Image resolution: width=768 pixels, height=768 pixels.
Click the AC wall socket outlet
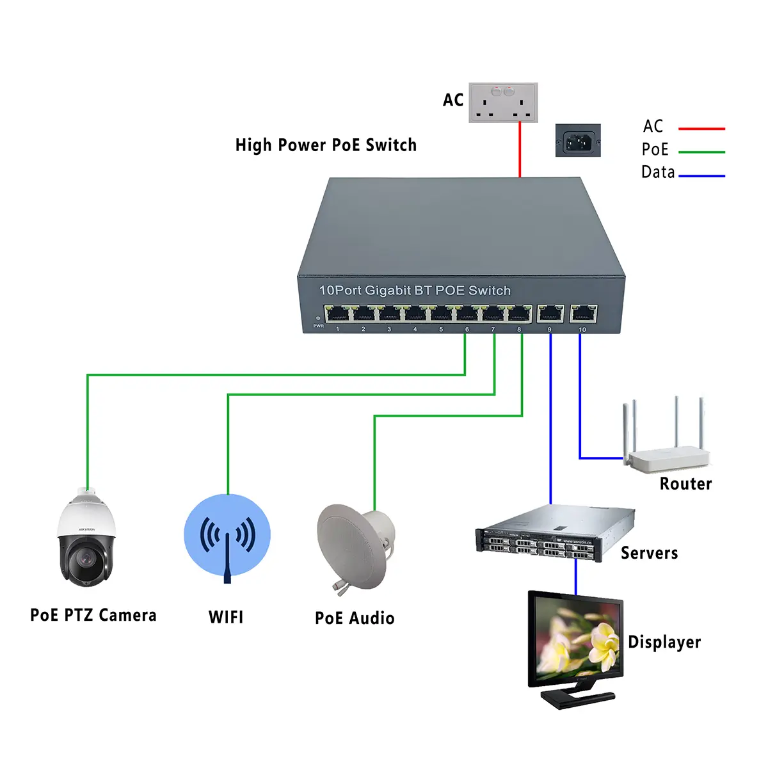pos(503,102)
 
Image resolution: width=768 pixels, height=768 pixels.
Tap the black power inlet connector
pos(578,140)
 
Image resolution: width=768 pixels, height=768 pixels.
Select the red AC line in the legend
pos(701,129)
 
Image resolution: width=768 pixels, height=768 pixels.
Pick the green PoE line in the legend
pos(701,152)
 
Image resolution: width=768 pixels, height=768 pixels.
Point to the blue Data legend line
pos(701,175)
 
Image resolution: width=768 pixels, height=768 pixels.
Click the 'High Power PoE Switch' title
pos(326,145)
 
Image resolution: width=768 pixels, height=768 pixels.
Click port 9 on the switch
pos(550,314)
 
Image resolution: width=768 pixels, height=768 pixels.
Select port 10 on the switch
pos(583,314)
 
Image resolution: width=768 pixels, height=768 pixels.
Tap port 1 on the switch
pos(337,314)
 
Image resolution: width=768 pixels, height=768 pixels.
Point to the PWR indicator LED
pos(318,319)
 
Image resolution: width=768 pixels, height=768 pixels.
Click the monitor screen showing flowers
pos(575,641)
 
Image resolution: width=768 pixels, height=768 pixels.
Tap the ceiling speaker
pos(355,547)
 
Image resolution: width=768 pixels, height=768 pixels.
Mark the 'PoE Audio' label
pos(355,618)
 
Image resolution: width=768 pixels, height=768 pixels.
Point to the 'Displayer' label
pos(664,642)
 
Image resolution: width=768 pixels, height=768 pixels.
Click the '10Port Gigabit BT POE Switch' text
pos(415,291)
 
